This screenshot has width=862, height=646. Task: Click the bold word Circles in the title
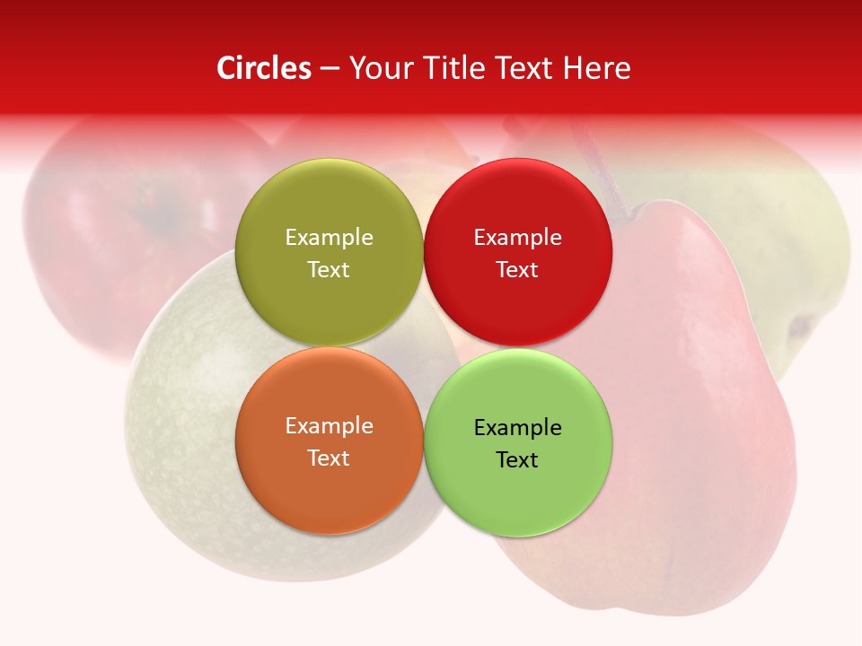pyautogui.click(x=264, y=68)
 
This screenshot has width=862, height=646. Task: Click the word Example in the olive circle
pyautogui.click(x=329, y=238)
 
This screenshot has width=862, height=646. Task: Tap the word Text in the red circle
pyautogui.click(x=517, y=270)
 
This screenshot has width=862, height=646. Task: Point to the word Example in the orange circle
pyautogui.click(x=329, y=426)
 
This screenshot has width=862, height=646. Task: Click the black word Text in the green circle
pyautogui.click(x=517, y=460)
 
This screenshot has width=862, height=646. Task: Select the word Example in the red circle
pyautogui.click(x=517, y=238)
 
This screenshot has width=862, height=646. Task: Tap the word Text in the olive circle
pyautogui.click(x=329, y=270)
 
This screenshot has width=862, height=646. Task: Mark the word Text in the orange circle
pyautogui.click(x=329, y=458)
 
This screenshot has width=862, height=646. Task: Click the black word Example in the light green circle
pyautogui.click(x=517, y=428)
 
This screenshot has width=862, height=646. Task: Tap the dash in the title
pyautogui.click(x=330, y=69)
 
